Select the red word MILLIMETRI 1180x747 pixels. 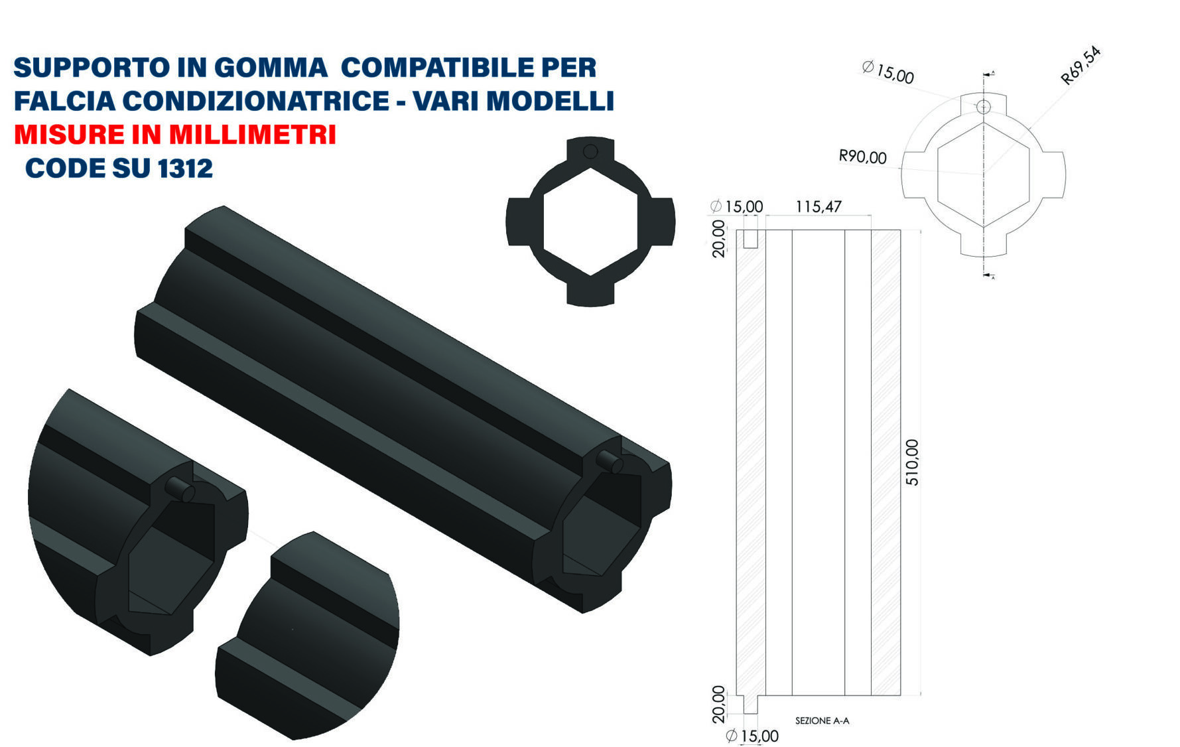click(252, 135)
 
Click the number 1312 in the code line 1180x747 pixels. click(185, 169)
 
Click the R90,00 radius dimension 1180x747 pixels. click(862, 157)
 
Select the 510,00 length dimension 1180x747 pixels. click(913, 462)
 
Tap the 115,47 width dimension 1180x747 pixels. click(819, 207)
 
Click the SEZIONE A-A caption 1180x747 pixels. click(822, 720)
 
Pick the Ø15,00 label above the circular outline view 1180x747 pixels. click(888, 72)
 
